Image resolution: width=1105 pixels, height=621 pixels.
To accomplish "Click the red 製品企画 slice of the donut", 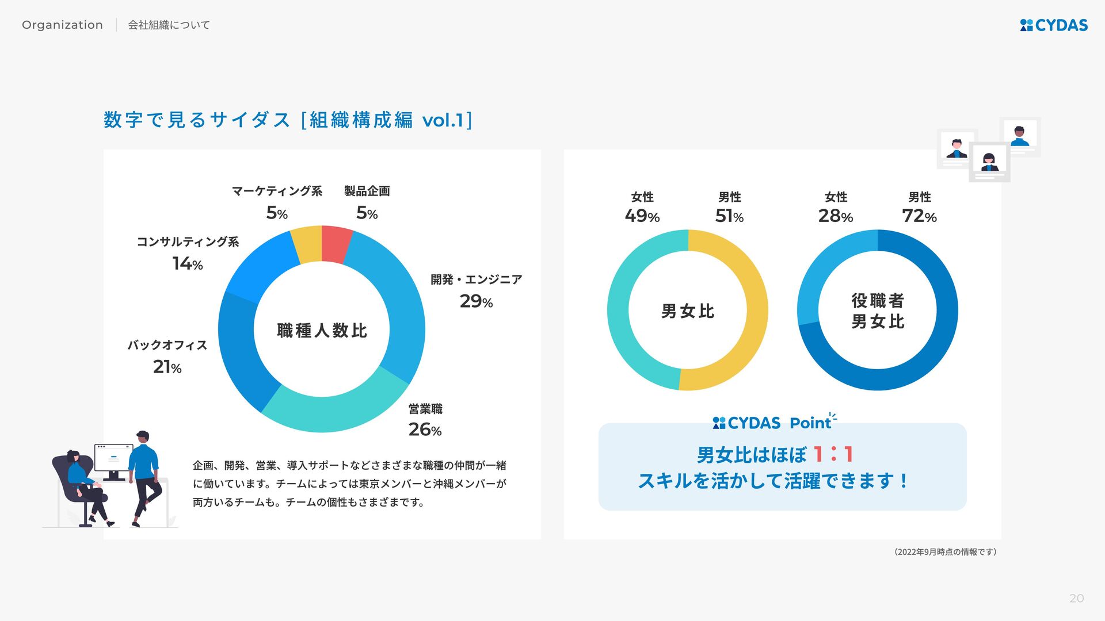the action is click(x=336, y=244).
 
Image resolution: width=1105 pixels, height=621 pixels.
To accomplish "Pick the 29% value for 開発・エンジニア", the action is click(x=476, y=301).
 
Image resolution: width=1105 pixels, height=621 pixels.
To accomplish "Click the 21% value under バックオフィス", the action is click(x=167, y=367).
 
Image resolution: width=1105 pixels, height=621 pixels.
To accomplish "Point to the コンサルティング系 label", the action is click(x=188, y=241).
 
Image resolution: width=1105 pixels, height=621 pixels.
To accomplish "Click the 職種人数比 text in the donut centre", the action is click(x=322, y=331).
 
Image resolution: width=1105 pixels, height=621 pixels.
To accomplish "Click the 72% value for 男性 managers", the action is click(x=919, y=216).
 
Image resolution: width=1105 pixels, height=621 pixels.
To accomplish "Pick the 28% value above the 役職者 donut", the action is click(x=835, y=216).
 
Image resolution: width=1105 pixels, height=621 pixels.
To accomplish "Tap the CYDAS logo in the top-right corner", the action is click(x=1054, y=25).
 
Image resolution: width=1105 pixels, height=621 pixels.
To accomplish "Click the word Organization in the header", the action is click(x=62, y=25).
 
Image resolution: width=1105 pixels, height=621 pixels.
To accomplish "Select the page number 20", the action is click(x=1076, y=599).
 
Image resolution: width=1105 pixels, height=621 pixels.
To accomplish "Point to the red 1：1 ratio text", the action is click(x=833, y=455).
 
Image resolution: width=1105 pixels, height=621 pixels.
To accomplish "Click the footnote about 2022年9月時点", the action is click(x=946, y=552).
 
